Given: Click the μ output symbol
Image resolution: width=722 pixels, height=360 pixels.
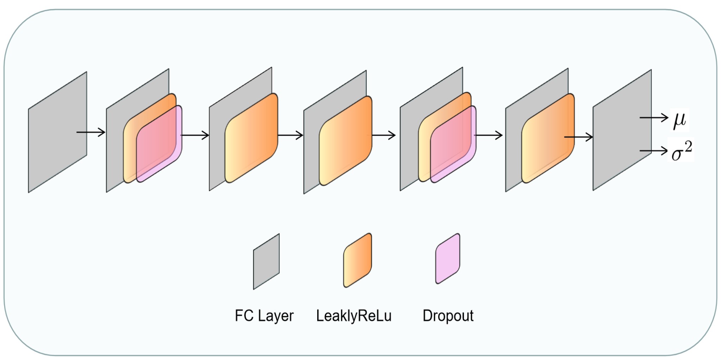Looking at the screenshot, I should (679, 120).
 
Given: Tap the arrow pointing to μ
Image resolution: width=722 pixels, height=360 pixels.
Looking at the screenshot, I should (653, 118).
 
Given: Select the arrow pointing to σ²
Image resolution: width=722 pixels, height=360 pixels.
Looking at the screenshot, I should (653, 151).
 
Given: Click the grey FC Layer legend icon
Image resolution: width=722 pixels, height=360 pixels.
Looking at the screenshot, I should (266, 262).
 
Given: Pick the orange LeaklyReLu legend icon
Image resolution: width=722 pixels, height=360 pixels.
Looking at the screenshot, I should (357, 260).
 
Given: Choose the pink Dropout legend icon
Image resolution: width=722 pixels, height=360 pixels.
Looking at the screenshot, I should (448, 259).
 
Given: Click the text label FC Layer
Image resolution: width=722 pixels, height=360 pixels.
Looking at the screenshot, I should (264, 316).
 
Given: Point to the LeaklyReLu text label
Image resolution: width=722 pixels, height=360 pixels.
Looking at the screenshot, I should (354, 316).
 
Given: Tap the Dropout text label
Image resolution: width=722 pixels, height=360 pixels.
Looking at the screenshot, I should (448, 316).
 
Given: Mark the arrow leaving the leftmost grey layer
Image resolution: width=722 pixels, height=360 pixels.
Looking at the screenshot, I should (91, 132).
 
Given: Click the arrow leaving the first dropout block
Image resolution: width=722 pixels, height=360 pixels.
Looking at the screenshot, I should (195, 135).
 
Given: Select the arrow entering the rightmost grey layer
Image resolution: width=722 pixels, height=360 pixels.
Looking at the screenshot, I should (579, 137).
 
